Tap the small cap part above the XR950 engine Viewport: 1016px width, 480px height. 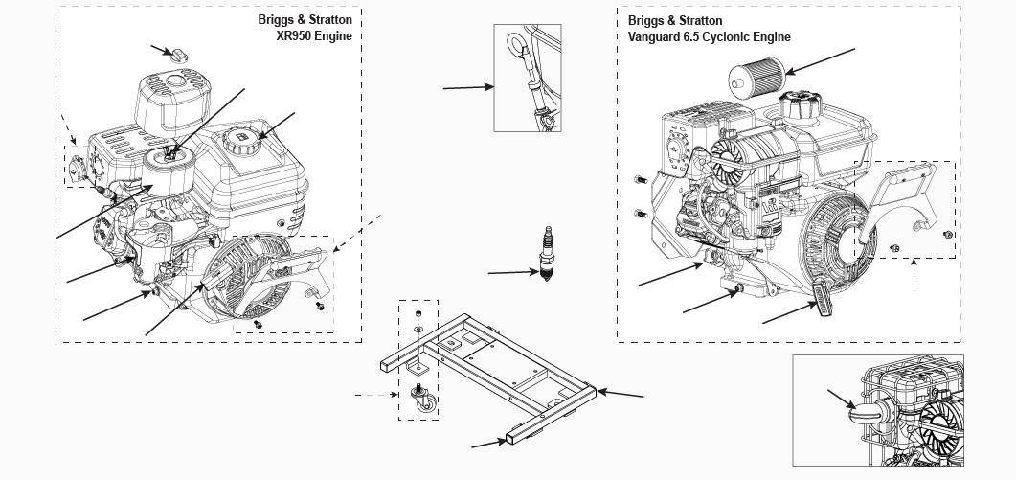[x=176, y=55]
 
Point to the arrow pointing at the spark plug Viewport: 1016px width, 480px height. [x=512, y=273]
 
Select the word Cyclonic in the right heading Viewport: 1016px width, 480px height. [x=729, y=37]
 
